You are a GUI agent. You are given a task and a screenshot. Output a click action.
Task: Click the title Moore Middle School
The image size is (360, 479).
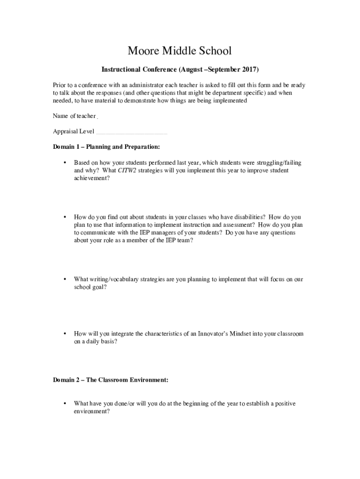pyautogui.click(x=180, y=51)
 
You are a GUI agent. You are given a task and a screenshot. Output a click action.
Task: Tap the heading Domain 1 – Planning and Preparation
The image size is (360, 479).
pyautogui.click(x=107, y=147)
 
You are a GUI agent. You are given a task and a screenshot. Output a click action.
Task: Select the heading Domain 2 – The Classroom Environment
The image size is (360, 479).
pyautogui.click(x=110, y=380)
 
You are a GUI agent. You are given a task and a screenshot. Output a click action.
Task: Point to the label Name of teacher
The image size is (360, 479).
pyautogui.click(x=74, y=116)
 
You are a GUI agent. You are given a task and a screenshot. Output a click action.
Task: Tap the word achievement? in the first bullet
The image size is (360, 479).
pyautogui.click(x=92, y=178)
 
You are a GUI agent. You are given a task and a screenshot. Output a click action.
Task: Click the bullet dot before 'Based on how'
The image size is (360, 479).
pyautogui.click(x=64, y=163)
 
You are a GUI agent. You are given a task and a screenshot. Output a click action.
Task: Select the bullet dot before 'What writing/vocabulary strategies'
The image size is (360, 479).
pyautogui.click(x=64, y=279)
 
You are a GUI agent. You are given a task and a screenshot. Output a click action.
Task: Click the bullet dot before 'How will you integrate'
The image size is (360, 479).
pyautogui.click(x=64, y=334)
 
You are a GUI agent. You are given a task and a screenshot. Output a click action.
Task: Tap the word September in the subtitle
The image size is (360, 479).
pyautogui.click(x=222, y=70)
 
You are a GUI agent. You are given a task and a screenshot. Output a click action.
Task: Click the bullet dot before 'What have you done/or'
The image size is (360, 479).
pyautogui.click(x=64, y=404)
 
